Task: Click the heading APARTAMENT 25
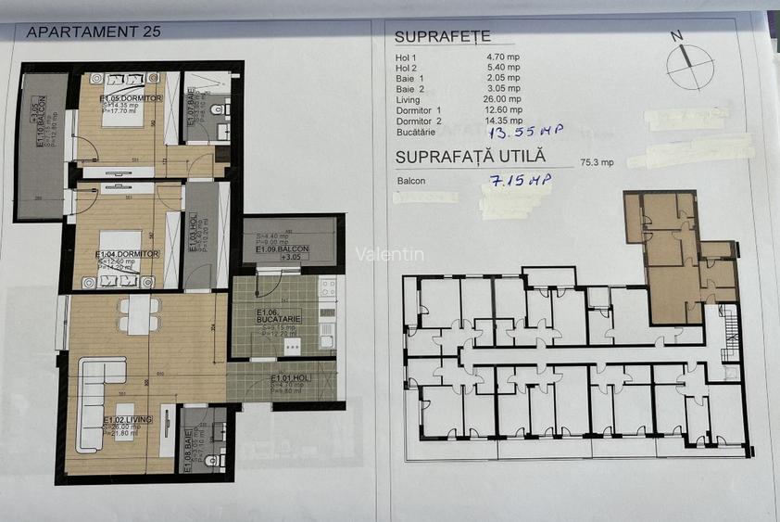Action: click(x=94, y=31)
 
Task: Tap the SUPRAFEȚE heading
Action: click(x=442, y=37)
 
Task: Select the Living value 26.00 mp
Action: click(x=504, y=99)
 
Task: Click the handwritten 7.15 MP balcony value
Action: click(x=516, y=179)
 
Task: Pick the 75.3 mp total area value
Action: click(x=597, y=162)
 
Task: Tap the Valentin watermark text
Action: click(x=390, y=253)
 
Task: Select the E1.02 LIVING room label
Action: click(x=127, y=419)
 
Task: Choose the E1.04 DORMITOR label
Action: click(x=128, y=253)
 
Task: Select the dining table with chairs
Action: click(x=139, y=315)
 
